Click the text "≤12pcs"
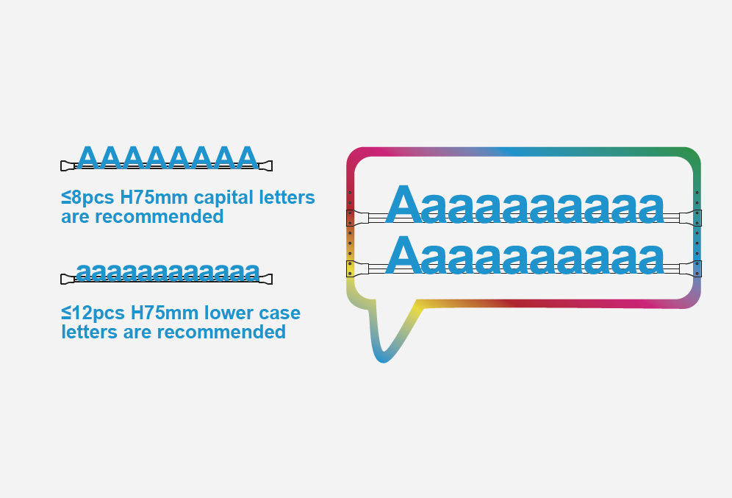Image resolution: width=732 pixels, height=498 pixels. tap(93, 313)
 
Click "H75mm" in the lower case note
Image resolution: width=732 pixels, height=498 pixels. tap(165, 313)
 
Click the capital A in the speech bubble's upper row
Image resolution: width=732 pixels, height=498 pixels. tap(404, 204)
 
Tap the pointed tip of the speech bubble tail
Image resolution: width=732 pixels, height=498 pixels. tap(383, 361)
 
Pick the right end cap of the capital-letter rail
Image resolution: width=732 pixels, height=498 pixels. tap(265, 166)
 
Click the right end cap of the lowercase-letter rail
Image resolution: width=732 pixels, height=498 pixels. tap(265, 279)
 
